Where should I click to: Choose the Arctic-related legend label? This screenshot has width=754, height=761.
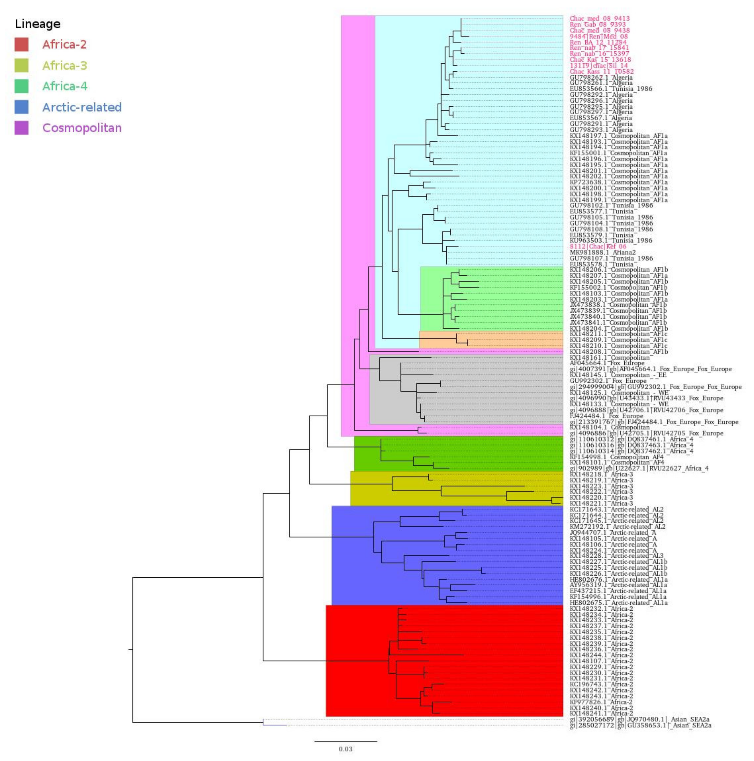coord(82,107)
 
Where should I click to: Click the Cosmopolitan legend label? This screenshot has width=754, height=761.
coord(82,128)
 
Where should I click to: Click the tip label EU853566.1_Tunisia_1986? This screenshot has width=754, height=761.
coord(611,89)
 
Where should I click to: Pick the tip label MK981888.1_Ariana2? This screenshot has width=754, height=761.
coord(602,252)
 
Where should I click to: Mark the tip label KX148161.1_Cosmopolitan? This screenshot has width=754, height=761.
coord(610,358)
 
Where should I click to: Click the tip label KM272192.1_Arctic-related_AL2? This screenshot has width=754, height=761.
coord(617,527)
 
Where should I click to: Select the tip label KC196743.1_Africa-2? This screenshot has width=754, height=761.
coord(601,684)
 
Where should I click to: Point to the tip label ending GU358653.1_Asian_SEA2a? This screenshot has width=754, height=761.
coord(640,725)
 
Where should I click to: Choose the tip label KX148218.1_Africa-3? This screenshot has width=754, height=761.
coord(601,474)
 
